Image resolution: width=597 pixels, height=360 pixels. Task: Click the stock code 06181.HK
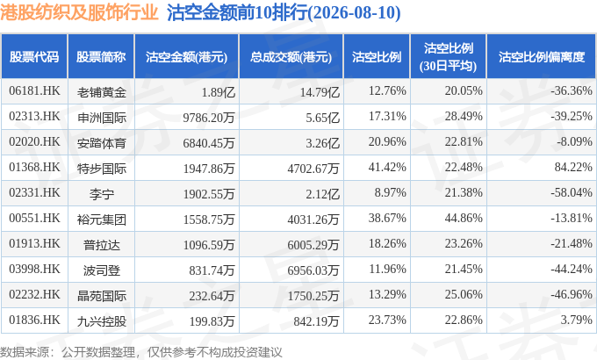(34, 91)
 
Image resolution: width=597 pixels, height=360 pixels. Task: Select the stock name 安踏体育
(101, 143)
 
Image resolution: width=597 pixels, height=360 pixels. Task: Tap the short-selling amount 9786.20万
(209, 118)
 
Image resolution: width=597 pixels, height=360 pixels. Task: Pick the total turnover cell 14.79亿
(320, 92)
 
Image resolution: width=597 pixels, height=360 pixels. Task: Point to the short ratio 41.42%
(387, 167)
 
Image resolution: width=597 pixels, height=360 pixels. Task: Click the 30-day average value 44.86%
(464, 219)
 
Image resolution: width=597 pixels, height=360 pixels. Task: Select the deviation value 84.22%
(573, 167)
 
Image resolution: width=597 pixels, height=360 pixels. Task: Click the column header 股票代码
(34, 57)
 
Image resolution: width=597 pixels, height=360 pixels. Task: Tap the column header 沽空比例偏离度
(542, 57)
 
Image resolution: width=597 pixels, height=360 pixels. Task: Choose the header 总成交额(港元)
(291, 57)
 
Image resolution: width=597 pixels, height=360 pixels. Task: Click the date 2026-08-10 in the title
(355, 13)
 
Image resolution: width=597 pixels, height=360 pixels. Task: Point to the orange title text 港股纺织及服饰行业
(79, 12)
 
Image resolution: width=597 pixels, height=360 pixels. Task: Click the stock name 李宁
(101, 194)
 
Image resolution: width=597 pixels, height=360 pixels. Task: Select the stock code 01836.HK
(34, 320)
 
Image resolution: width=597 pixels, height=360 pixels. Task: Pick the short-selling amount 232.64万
(212, 296)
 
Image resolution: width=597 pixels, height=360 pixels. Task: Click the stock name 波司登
(101, 270)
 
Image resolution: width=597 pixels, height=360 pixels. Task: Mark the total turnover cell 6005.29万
(313, 245)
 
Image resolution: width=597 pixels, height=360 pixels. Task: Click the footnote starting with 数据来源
(141, 352)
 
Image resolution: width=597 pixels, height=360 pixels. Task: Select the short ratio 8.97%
(391, 193)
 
